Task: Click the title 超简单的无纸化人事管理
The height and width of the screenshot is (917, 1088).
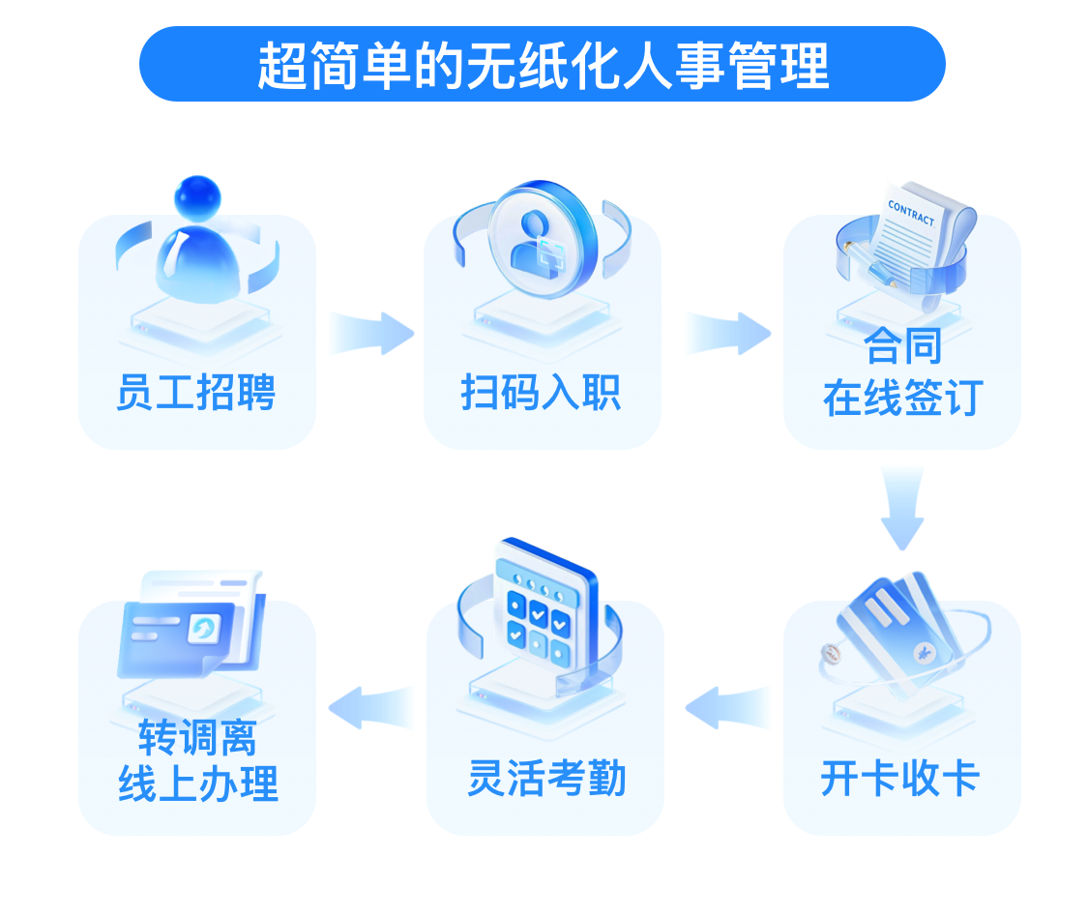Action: [x=543, y=65]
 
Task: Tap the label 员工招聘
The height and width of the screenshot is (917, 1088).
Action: [x=196, y=394]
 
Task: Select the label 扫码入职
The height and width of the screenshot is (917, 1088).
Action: [x=542, y=394]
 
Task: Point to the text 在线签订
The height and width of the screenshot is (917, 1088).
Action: [x=902, y=398]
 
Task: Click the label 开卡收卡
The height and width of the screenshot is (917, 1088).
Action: [x=900, y=778]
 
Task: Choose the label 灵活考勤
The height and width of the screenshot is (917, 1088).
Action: [x=546, y=779]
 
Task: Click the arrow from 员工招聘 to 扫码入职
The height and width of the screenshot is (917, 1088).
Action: [x=371, y=333]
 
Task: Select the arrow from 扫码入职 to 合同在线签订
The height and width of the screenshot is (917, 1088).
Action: [x=727, y=333]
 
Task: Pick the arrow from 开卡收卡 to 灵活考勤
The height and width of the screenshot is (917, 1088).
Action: [x=728, y=707]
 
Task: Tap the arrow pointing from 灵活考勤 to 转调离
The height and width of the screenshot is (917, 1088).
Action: [x=372, y=707]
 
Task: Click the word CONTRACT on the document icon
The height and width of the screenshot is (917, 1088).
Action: [x=911, y=213]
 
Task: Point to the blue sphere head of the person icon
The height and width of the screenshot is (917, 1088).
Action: [x=197, y=197]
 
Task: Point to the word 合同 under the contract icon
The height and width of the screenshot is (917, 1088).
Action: [x=901, y=346]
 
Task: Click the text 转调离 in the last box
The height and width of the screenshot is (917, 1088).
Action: [x=197, y=740]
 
